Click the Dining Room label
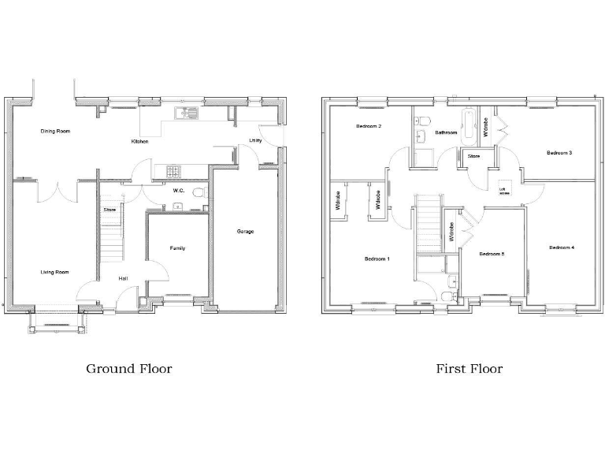pos(55,131)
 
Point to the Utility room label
pos(255,140)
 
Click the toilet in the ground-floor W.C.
pos(199,192)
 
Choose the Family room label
pos(177,248)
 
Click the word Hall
pos(124,278)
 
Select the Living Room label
pos(55,272)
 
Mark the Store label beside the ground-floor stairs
pos(109,210)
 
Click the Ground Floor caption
pos(128,368)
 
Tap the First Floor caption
pos(470,368)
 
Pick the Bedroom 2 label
pos(369,126)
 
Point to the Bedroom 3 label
pos(559,152)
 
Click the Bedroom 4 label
pos(562,247)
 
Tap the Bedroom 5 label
pos(492,254)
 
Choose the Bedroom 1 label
pos(377,259)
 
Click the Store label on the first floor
pos(473,156)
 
